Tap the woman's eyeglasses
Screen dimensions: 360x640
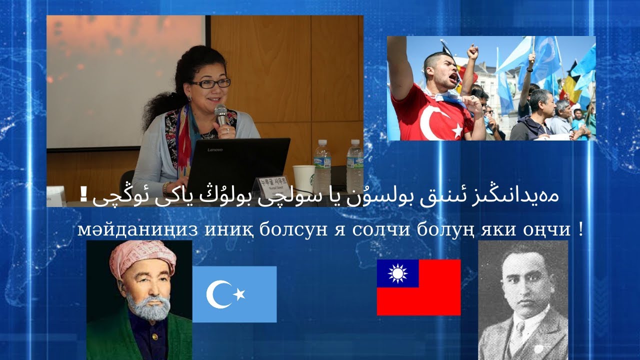click(209, 83)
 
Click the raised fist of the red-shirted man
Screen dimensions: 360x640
click(472, 51)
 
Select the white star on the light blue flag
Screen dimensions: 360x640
click(239, 294)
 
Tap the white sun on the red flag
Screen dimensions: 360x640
click(397, 273)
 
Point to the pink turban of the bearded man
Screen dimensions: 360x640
click(142, 257)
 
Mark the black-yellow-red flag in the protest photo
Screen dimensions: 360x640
click(568, 85)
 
